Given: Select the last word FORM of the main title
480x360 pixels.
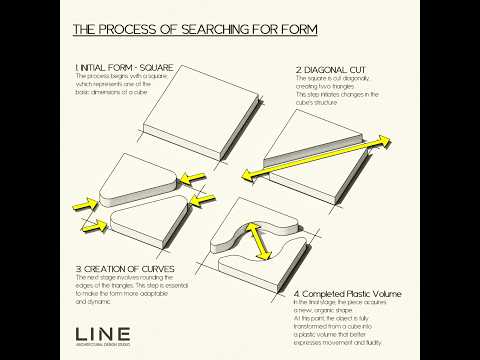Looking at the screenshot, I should [x=297, y=30].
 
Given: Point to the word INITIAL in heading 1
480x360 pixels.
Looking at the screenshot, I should [x=97, y=68].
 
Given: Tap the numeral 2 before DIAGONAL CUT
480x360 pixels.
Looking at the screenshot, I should [x=298, y=70].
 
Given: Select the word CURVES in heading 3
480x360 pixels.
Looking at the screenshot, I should [x=153, y=269].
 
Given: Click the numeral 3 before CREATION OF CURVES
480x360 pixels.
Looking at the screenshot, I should [x=78, y=269].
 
